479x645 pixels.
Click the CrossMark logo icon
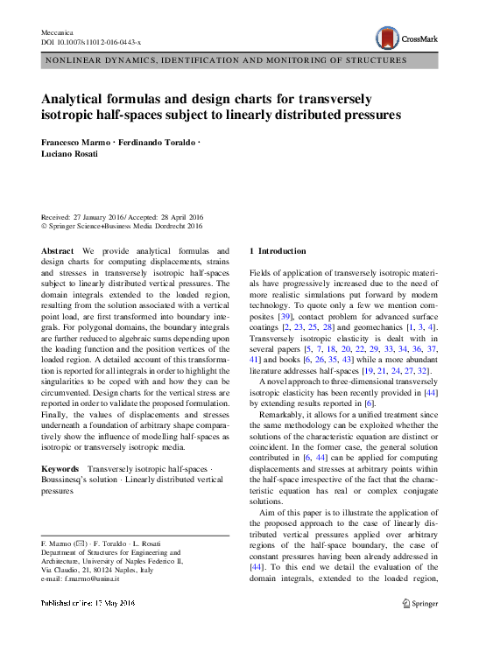point(387,37)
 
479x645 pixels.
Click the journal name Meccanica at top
point(59,31)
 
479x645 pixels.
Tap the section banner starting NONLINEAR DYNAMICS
point(224,60)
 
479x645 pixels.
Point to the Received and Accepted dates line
point(123,217)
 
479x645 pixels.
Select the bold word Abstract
point(58,250)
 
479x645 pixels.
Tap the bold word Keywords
point(62,469)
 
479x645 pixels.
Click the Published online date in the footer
point(88,603)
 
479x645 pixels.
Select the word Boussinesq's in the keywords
point(73,480)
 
